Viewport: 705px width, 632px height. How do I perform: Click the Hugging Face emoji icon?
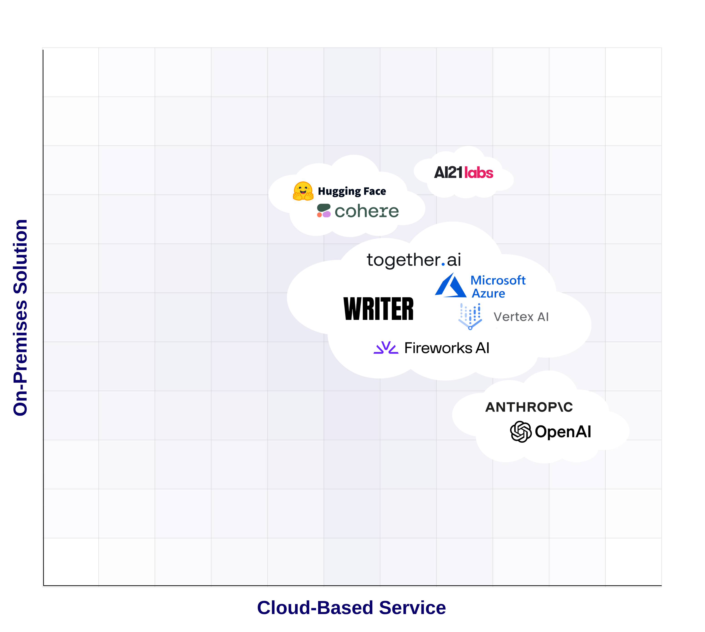303,191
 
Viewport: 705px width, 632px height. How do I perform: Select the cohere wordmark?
366,211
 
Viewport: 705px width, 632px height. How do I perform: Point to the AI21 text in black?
448,172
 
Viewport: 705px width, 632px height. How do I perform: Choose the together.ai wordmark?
414,260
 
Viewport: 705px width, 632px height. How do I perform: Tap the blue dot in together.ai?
443,265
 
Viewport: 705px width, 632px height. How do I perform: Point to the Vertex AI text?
521,317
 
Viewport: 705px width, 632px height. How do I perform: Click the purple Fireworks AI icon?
386,348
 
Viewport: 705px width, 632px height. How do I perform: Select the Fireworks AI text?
447,348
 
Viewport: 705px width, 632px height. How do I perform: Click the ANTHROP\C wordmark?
529,407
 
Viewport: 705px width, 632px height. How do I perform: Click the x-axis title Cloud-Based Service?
351,608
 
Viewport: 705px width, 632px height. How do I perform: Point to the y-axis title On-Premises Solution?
20,317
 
